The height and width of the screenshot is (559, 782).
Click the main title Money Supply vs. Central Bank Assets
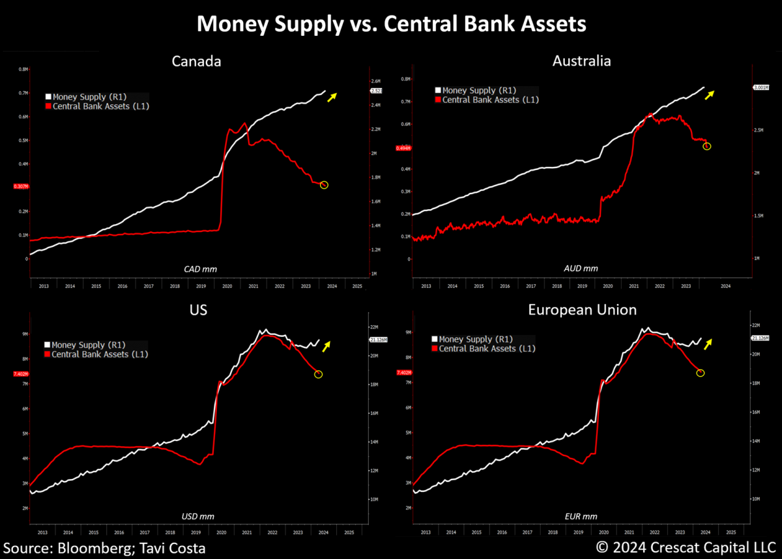click(391, 24)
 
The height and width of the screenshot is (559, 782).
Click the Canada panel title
click(196, 61)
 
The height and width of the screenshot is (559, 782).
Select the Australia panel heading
click(581, 61)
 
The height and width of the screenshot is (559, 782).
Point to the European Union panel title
click(581, 310)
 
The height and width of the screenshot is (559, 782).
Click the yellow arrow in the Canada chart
click(332, 97)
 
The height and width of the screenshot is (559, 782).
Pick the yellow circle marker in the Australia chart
click(707, 147)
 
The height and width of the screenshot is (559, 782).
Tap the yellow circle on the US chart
click(318, 374)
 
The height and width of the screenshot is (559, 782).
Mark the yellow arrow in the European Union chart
click(708, 343)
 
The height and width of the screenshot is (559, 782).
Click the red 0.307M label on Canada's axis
click(21, 187)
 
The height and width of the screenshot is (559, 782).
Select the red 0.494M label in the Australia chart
click(404, 148)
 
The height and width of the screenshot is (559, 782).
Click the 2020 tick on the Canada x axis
click(227, 286)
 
